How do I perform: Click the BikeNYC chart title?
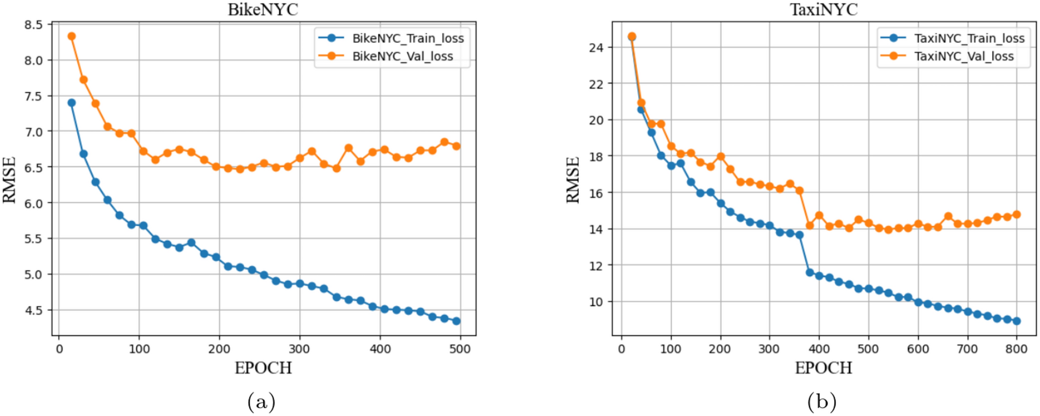pyautogui.click(x=263, y=9)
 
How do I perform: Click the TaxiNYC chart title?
pyautogui.click(x=823, y=9)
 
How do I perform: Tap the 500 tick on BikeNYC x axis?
pyautogui.click(x=460, y=349)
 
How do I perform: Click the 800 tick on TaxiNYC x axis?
pyautogui.click(x=1016, y=349)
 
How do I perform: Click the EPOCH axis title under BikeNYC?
pyautogui.click(x=263, y=368)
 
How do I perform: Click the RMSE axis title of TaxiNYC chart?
pyautogui.click(x=573, y=180)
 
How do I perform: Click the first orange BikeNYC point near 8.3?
pyautogui.click(x=72, y=36)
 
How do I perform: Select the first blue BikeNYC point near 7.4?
pyautogui.click(x=72, y=103)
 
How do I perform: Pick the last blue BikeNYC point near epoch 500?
pyautogui.click(x=456, y=321)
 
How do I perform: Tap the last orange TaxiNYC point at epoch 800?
pyautogui.click(x=1016, y=214)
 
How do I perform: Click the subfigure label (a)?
pyautogui.click(x=262, y=402)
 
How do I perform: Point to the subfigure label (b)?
pyautogui.click(x=822, y=402)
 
